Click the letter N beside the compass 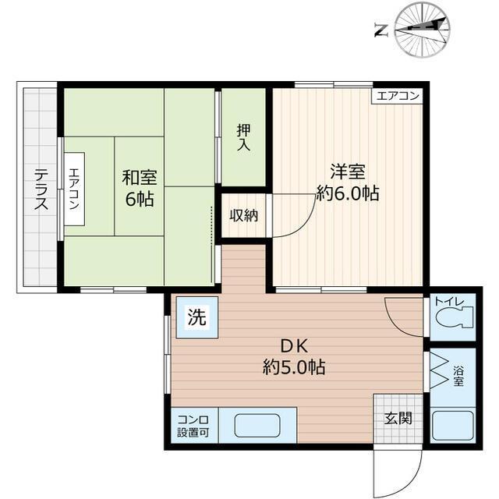point(381,31)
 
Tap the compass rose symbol point(423,30)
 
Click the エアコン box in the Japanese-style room point(73,189)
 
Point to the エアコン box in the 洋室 point(398,96)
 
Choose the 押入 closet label point(243,138)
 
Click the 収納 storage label point(243,215)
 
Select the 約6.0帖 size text point(347,193)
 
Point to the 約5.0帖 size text point(293,367)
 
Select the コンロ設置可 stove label point(192,426)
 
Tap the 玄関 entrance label point(398,418)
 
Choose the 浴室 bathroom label point(458,375)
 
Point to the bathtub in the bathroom point(452,426)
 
